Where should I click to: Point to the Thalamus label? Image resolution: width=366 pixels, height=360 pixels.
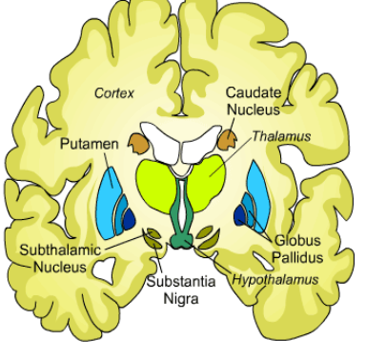point(281,136)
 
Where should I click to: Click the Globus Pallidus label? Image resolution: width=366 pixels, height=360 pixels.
point(299,249)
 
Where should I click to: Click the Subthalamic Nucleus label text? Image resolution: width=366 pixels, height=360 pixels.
point(53,258)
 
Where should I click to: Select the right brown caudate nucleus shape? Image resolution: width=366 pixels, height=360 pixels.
point(228,141)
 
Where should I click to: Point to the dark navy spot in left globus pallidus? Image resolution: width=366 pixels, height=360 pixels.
point(129,222)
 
